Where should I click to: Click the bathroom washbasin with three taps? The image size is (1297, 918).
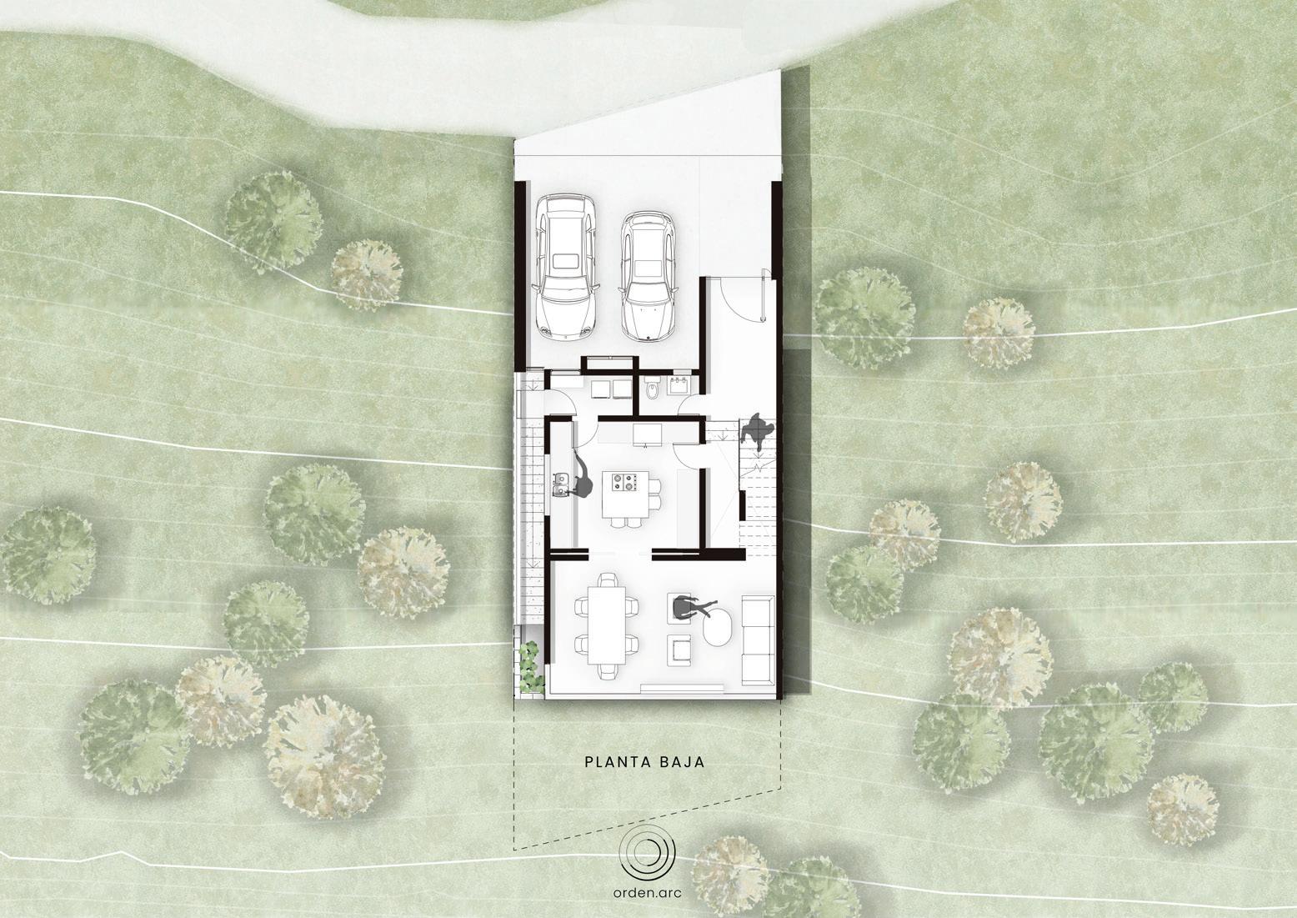[x=677, y=385]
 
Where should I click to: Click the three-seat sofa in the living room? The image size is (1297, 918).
[x=758, y=641]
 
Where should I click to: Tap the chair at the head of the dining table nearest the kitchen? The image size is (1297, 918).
[x=608, y=580]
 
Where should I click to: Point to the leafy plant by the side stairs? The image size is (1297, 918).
[x=532, y=665]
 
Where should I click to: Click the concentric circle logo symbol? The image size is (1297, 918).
[x=648, y=850]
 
